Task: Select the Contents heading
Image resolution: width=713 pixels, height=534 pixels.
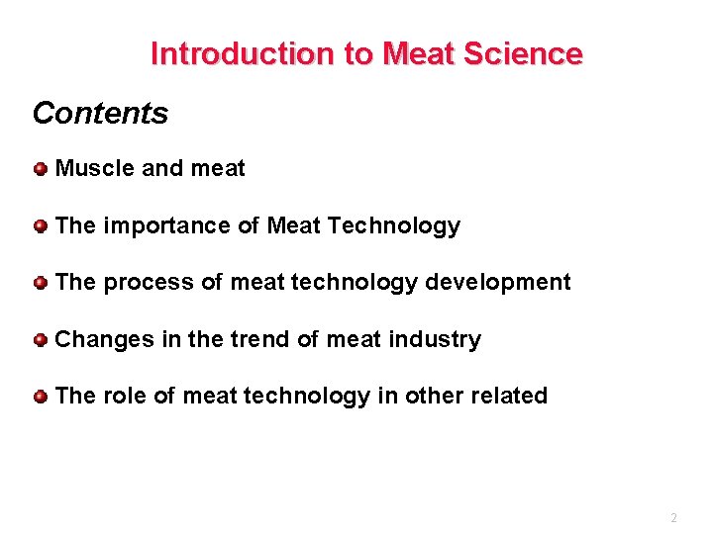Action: click(x=100, y=113)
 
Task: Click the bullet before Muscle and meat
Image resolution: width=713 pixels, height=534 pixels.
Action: click(x=40, y=169)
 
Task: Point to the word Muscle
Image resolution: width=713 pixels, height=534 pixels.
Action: click(x=95, y=169)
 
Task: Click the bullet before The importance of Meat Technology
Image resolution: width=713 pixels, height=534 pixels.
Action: click(x=40, y=226)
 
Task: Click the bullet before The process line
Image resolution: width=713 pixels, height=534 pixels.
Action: click(x=40, y=283)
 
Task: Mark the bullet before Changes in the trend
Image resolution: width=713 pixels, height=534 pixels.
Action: click(x=40, y=340)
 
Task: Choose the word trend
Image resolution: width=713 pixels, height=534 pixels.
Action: click(x=259, y=340)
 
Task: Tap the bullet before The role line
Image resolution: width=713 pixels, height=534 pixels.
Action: click(x=40, y=397)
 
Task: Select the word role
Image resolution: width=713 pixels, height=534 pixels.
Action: click(x=125, y=397)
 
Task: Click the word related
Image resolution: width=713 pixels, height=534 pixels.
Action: click(x=508, y=397)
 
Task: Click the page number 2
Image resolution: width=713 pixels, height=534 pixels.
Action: click(x=673, y=518)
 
